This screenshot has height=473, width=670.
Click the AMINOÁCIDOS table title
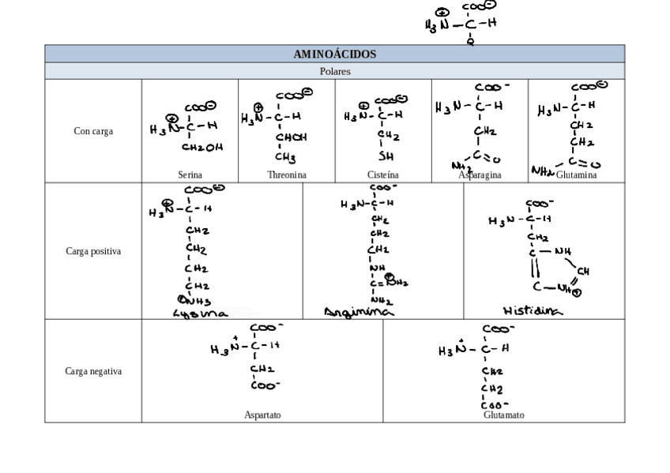click(334, 54)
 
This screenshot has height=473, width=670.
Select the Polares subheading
click(334, 71)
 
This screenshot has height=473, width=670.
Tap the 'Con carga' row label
click(93, 131)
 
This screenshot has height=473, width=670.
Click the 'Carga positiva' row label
click(93, 251)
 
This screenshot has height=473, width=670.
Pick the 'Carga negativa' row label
click(93, 371)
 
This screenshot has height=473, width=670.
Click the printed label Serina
click(190, 175)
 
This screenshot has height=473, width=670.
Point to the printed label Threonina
click(287, 175)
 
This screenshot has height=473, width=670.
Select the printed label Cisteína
click(383, 175)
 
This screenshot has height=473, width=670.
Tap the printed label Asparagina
click(480, 175)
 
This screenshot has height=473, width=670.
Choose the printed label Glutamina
click(577, 175)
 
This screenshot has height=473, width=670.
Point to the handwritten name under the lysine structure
click(201, 313)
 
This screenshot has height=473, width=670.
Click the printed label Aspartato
click(262, 415)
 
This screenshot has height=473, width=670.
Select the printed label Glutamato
click(503, 415)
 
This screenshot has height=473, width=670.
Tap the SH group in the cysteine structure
click(386, 156)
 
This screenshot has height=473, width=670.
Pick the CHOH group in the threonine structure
click(291, 137)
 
